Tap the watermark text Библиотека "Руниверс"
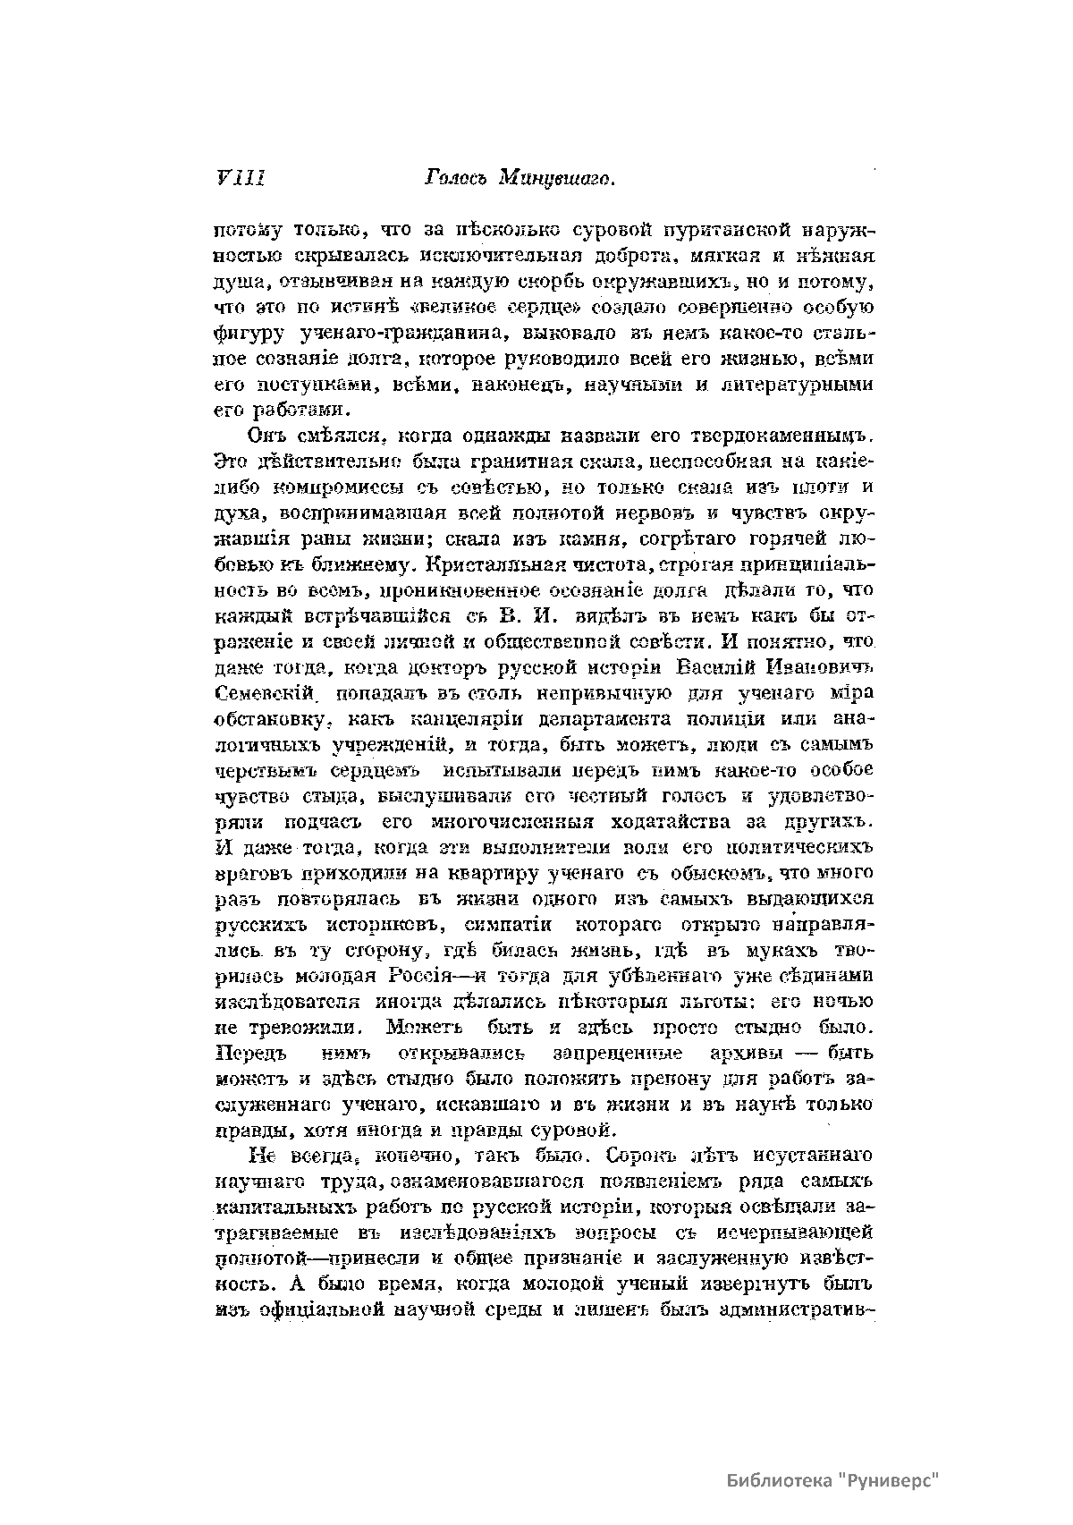pos(832,1479)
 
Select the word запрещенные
pos(617,1053)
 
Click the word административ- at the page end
pos(795,1310)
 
